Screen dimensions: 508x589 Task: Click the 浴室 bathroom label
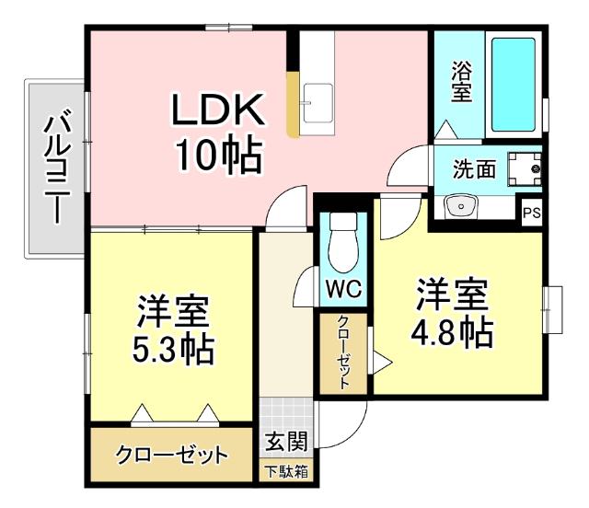(460, 84)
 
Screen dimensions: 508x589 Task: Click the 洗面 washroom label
(474, 169)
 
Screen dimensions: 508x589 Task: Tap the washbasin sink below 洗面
(457, 205)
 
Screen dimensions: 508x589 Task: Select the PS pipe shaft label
(531, 213)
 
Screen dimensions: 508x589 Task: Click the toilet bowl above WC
(343, 240)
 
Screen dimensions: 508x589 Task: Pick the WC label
(343, 288)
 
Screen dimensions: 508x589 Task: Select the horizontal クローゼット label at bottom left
(171, 455)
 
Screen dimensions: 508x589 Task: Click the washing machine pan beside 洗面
(525, 169)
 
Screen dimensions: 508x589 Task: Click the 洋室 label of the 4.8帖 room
(451, 294)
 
